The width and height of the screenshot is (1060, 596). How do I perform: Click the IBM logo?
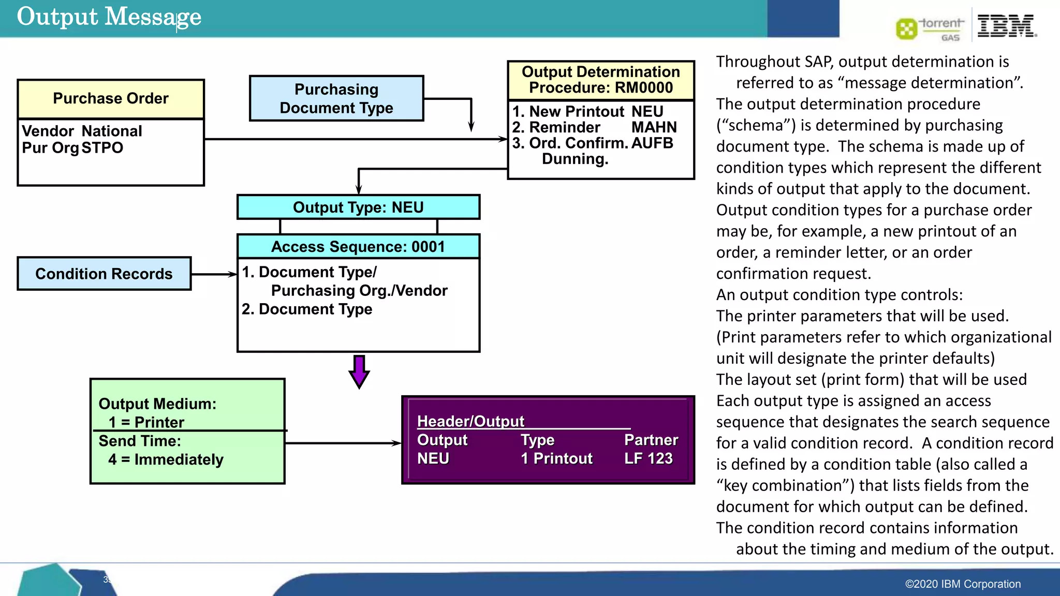[1006, 26]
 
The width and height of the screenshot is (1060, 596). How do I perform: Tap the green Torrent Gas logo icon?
[906, 28]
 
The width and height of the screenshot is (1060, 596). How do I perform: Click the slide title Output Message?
[109, 17]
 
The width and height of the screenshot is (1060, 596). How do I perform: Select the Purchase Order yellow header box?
[111, 98]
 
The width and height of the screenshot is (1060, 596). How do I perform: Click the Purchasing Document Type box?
[336, 98]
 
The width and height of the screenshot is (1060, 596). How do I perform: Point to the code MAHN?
[654, 127]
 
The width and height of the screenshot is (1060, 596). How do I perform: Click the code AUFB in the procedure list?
[652, 143]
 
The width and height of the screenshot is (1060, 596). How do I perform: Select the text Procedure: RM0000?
[600, 87]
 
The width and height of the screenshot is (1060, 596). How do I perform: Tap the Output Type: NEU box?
[358, 207]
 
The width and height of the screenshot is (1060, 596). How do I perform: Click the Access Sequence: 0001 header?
[358, 247]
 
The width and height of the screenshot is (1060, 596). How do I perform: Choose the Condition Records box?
[104, 274]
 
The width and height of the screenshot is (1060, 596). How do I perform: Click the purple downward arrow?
[359, 371]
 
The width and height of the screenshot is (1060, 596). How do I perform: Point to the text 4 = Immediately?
[166, 459]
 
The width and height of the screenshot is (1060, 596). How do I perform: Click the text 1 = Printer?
[146, 422]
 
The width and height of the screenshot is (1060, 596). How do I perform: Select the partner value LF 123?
[648, 458]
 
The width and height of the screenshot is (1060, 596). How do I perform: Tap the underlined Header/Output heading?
[470, 421]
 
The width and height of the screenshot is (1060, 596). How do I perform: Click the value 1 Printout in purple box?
[556, 458]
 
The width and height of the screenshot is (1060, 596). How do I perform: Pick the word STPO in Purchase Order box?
[102, 148]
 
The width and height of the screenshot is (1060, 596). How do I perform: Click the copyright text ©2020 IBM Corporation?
[963, 584]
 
